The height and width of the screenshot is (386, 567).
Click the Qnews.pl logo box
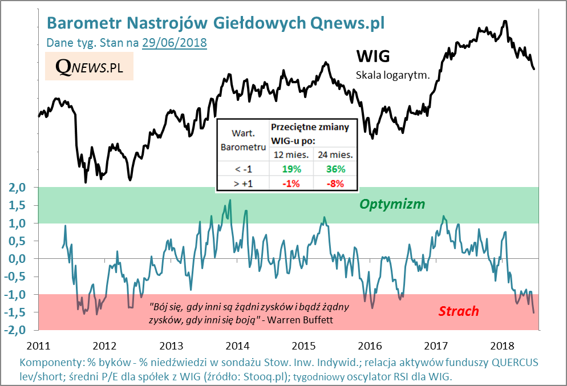(89, 67)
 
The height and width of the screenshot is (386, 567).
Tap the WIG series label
(373, 56)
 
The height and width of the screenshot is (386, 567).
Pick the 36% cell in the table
(335, 169)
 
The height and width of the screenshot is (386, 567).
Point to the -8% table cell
(335, 183)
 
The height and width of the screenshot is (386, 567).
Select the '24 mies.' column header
(335, 155)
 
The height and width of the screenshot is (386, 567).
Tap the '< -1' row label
(243, 169)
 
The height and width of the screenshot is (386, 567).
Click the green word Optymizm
(392, 204)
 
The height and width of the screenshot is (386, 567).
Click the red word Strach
(459, 311)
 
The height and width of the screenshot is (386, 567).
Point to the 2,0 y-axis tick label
(18, 187)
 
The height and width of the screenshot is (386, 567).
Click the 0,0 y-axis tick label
(18, 259)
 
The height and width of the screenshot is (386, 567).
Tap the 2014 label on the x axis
(237, 346)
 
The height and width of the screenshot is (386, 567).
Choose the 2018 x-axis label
(502, 346)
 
